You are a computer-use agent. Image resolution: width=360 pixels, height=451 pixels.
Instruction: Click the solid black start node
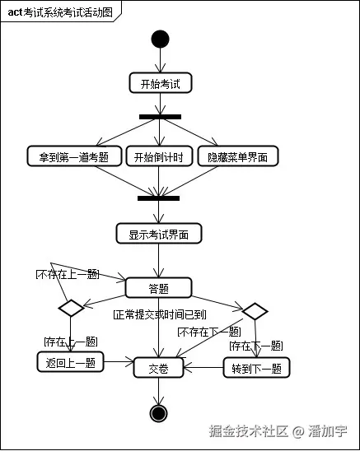coord(159,40)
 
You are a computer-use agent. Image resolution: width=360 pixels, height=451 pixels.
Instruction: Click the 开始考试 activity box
coord(160,83)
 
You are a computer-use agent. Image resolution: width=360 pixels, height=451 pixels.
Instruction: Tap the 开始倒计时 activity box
coord(159,156)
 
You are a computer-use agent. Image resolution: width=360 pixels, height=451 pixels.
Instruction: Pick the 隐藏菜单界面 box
coord(238,156)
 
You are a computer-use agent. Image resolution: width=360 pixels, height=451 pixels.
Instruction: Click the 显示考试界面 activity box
coord(159,234)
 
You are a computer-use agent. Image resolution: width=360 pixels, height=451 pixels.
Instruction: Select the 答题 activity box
coord(159,288)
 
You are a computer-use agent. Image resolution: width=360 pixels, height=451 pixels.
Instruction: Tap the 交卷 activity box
coord(158,368)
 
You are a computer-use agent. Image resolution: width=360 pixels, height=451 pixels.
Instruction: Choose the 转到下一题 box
coord(257,368)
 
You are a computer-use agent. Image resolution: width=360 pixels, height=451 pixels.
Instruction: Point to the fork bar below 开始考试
coord(159,116)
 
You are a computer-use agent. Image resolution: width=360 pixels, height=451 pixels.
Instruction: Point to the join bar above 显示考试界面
coord(159,198)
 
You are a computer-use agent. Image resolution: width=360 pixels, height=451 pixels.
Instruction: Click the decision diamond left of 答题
coord(71,309)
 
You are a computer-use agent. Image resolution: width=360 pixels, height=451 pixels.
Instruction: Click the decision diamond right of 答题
coord(255,310)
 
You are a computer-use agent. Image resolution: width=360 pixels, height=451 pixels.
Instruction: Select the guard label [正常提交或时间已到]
coord(158,314)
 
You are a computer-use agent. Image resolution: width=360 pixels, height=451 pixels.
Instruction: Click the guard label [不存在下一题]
coord(209,332)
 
